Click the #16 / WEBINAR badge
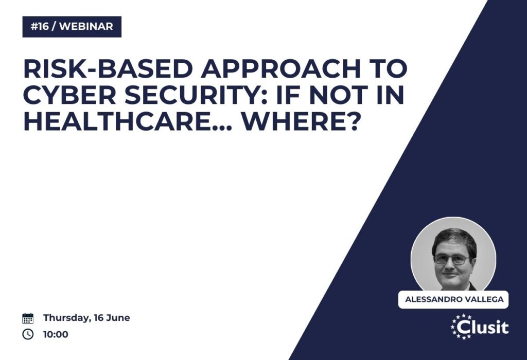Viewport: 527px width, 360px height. pyautogui.click(x=72, y=27)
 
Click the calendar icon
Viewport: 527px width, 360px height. pyautogui.click(x=28, y=318)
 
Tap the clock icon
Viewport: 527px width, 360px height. pyautogui.click(x=28, y=334)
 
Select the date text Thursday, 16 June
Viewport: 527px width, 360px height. pyautogui.click(x=86, y=318)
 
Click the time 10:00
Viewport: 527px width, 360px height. pyautogui.click(x=56, y=334)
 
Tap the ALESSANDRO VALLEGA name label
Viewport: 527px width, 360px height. pyautogui.click(x=454, y=299)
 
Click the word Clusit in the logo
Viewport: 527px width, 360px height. pyautogui.click(x=483, y=327)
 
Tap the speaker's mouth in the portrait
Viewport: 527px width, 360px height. pyautogui.click(x=450, y=275)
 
